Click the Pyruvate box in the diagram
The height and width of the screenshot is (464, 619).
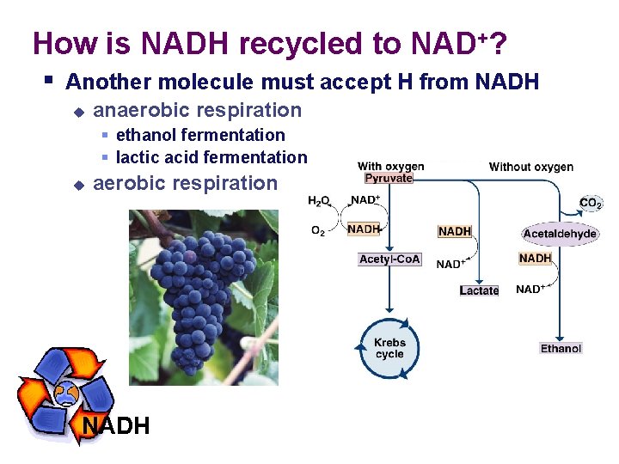tap(389, 179)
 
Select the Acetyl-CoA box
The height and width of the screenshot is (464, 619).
tap(389, 259)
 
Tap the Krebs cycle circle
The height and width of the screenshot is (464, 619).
tap(389, 348)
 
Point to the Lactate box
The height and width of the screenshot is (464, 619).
tap(479, 290)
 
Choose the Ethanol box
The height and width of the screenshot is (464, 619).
tap(561, 348)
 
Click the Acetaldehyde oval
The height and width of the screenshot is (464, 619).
tap(560, 234)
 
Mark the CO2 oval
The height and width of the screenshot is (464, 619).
tap(591, 204)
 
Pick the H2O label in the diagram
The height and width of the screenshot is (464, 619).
tap(319, 201)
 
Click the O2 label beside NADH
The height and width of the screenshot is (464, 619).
tap(317, 230)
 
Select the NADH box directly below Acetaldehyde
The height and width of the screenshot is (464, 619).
tap(535, 258)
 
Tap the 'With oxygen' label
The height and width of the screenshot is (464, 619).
tap(390, 166)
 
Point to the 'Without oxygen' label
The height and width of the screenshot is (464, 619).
tap(531, 167)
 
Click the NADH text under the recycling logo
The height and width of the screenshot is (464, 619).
tap(116, 425)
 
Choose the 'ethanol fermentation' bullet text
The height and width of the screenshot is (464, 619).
tap(200, 135)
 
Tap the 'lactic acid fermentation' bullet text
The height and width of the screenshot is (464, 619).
tap(211, 157)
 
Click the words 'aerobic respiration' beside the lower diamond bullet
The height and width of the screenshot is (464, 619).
tap(185, 183)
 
